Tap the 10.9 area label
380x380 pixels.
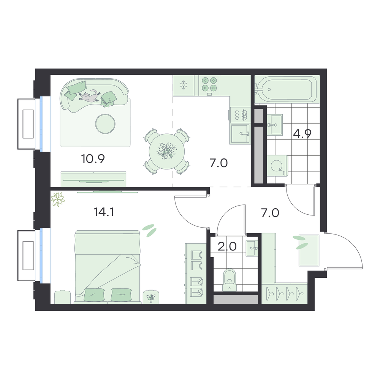(x=93, y=159)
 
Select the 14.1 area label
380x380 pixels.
(x=104, y=212)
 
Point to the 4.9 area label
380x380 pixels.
(x=302, y=133)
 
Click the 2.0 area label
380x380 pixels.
(x=227, y=247)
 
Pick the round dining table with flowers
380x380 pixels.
(x=167, y=152)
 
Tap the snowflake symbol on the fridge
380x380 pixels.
(x=184, y=85)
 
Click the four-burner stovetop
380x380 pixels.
(x=209, y=85)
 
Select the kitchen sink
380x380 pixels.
(x=240, y=133)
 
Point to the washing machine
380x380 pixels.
(x=277, y=166)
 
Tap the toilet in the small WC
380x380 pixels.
(x=230, y=279)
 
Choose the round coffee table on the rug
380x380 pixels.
(x=105, y=123)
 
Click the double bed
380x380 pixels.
(x=108, y=267)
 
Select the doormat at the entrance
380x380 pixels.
(x=309, y=250)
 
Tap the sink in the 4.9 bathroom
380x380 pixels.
(x=276, y=125)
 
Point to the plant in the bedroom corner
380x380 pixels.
(x=58, y=199)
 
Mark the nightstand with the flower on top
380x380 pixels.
(x=151, y=297)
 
